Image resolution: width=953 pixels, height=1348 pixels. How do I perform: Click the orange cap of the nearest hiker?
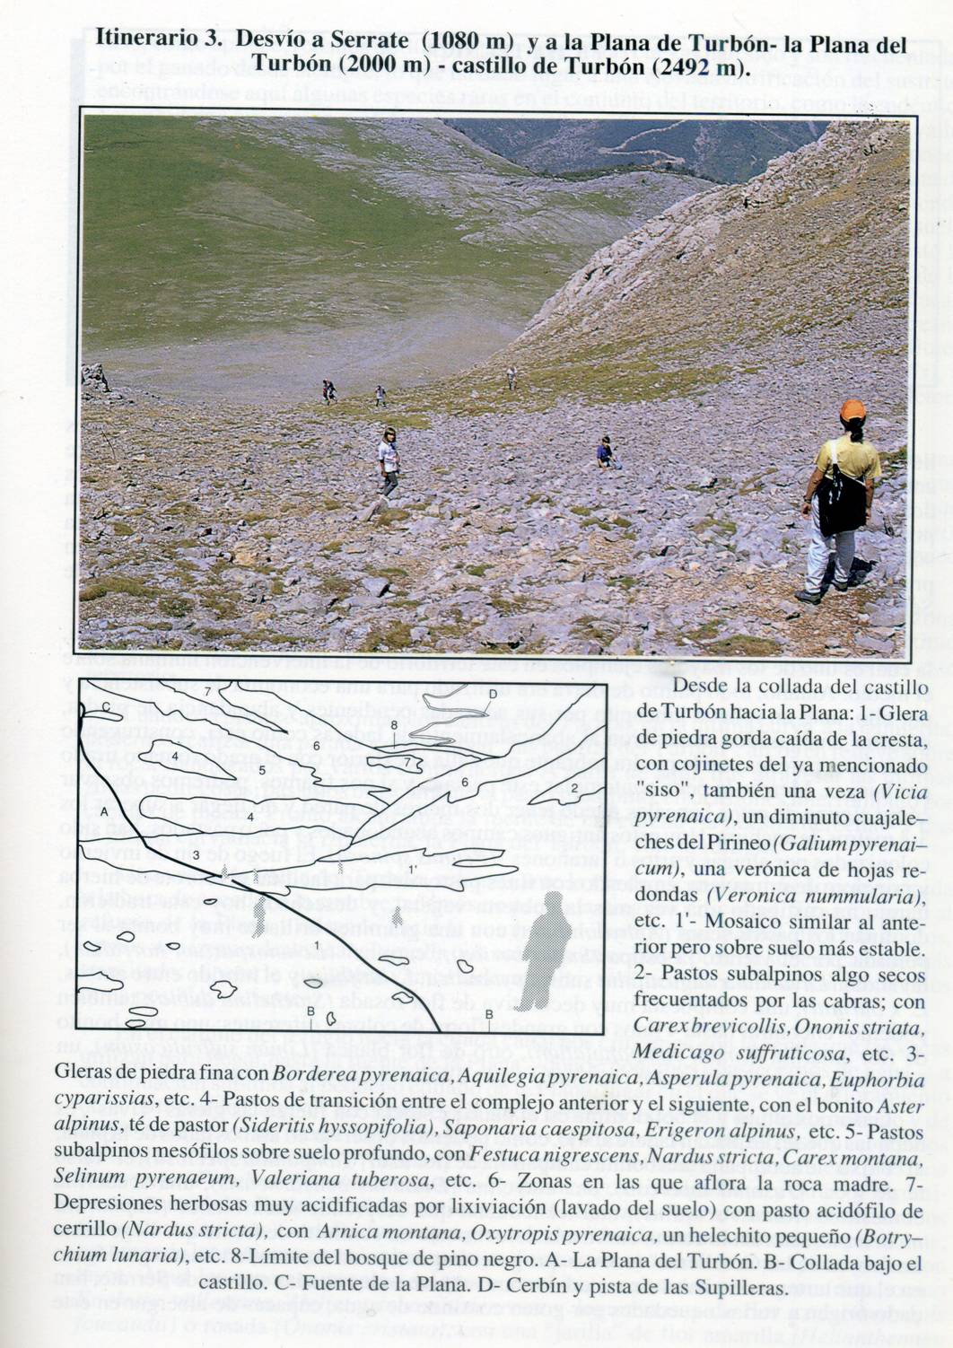point(852,411)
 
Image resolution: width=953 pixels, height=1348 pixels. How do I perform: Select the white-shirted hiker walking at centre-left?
point(389,460)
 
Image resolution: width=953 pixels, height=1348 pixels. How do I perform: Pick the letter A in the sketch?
point(104,811)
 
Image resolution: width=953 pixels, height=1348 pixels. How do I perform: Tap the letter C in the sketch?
point(106,707)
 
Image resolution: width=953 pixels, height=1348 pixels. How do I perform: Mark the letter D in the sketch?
point(493,694)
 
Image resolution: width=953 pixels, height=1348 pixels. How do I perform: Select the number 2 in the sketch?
point(573,788)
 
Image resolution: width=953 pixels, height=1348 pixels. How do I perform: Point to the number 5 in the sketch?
point(261,769)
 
